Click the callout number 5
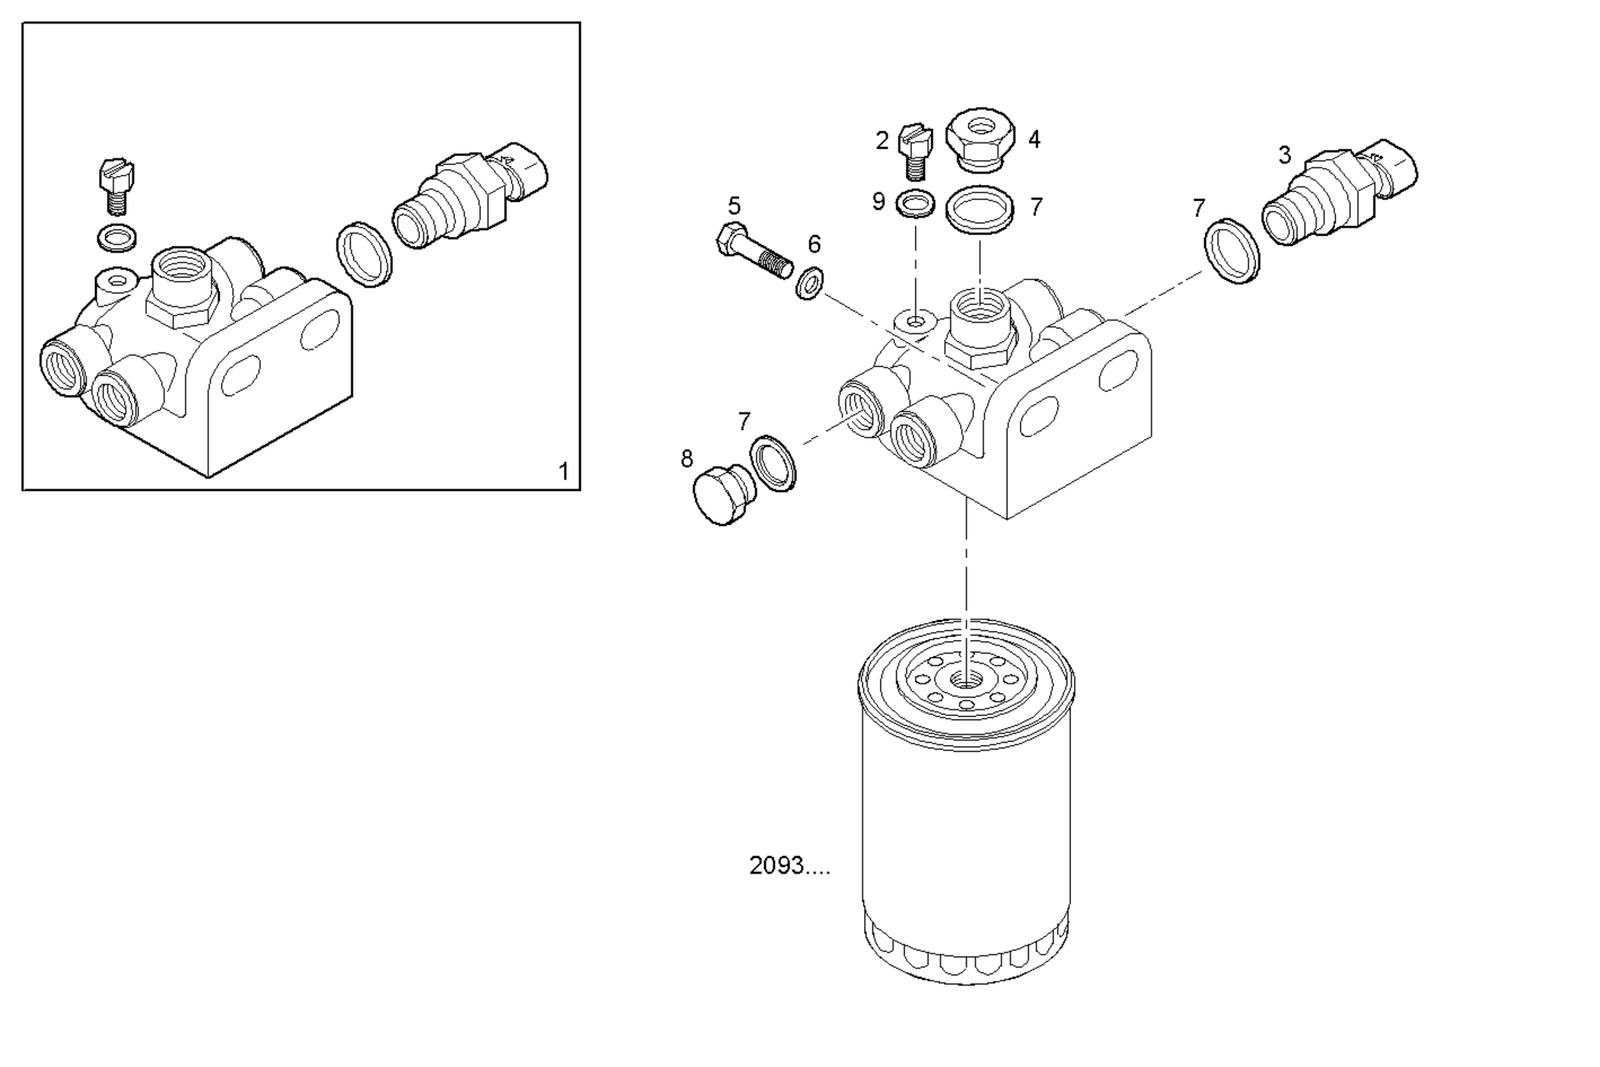pyautogui.click(x=733, y=205)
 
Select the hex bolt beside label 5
pyautogui.click(x=752, y=253)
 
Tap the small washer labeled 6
pyautogui.click(x=808, y=283)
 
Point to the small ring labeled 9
pyautogui.click(x=915, y=203)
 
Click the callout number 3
pyautogui.click(x=1284, y=155)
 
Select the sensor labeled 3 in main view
pyautogui.click(x=1337, y=195)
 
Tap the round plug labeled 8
pyautogui.click(x=725, y=495)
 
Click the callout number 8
pyautogui.click(x=687, y=458)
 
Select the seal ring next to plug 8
pyautogui.click(x=773, y=463)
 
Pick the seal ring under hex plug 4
pyautogui.click(x=981, y=208)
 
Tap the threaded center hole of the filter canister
pyautogui.click(x=967, y=679)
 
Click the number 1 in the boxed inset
pyautogui.click(x=563, y=472)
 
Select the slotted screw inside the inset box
pyautogui.click(x=117, y=187)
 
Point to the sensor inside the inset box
pyautogui.click(x=471, y=196)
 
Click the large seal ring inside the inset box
pyautogui.click(x=365, y=254)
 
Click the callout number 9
pyautogui.click(x=877, y=202)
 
